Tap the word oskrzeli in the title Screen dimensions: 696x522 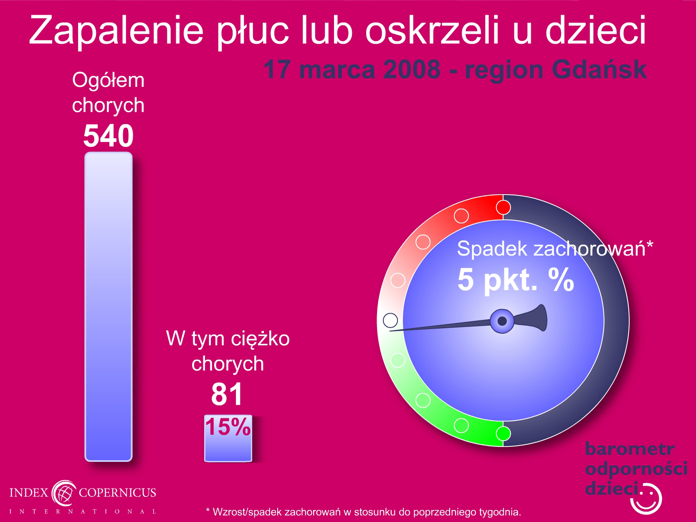433,30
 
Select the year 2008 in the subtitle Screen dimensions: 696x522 412,69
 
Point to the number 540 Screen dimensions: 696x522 109,135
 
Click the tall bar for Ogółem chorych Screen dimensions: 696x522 109,307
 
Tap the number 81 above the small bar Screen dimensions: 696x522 227,394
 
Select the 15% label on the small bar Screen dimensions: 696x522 228,427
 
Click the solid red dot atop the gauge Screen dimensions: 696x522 503,208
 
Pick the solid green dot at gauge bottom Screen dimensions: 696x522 503,433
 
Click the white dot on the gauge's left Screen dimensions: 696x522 390,320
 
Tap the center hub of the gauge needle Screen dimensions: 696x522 502,321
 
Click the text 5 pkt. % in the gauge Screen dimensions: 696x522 516,280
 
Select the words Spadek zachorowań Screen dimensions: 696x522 551,248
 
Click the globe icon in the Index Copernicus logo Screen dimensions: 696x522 64,493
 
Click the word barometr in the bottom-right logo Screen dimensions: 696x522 630,449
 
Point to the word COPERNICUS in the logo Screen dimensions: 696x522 117,492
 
